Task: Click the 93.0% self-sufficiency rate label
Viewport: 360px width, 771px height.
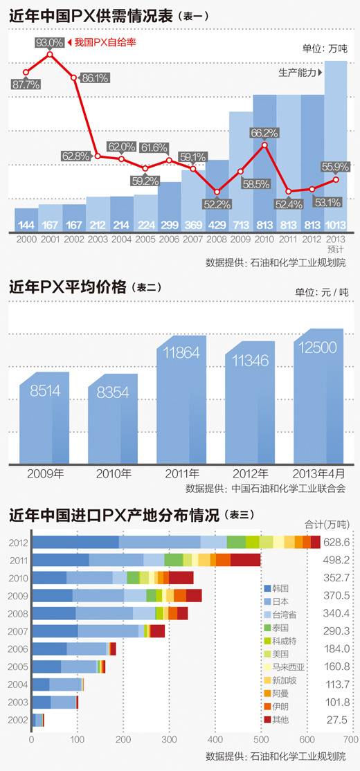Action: point(48,43)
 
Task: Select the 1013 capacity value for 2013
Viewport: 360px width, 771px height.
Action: point(335,225)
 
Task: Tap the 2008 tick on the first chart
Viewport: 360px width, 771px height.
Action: point(217,237)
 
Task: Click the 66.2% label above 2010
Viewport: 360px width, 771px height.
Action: point(264,132)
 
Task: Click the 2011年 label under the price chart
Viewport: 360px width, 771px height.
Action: point(181,474)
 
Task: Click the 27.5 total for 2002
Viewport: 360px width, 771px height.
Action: point(339,720)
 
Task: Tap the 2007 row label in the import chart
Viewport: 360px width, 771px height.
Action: point(19,631)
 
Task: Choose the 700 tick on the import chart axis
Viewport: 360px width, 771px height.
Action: point(351,738)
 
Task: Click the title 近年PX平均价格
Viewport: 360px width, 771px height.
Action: point(67,287)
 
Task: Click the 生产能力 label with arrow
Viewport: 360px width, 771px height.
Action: point(300,71)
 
